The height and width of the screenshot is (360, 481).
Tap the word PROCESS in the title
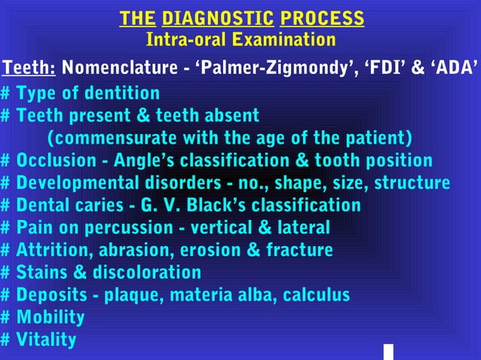[322, 18]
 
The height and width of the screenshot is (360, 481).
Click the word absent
[230, 116]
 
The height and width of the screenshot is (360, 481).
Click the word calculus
[317, 294]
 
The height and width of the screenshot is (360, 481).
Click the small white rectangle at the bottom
[388, 352]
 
